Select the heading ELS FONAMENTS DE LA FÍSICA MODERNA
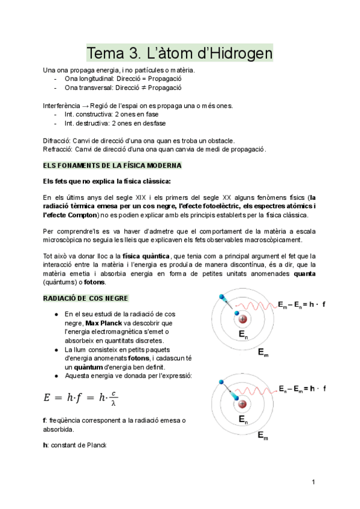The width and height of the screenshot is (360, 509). (x=112, y=165)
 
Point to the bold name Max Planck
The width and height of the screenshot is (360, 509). (x=103, y=323)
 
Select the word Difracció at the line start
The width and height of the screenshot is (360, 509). (x=57, y=140)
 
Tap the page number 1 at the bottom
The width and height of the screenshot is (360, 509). (x=313, y=482)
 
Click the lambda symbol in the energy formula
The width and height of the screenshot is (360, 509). (x=114, y=403)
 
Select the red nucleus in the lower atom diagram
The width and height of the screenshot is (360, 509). (x=242, y=403)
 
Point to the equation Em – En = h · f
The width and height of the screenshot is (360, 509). (x=302, y=305)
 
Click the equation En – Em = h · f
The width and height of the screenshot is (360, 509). (x=302, y=389)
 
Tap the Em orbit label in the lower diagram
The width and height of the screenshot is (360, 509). (x=263, y=437)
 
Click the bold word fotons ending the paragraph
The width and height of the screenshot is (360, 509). (x=95, y=282)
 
